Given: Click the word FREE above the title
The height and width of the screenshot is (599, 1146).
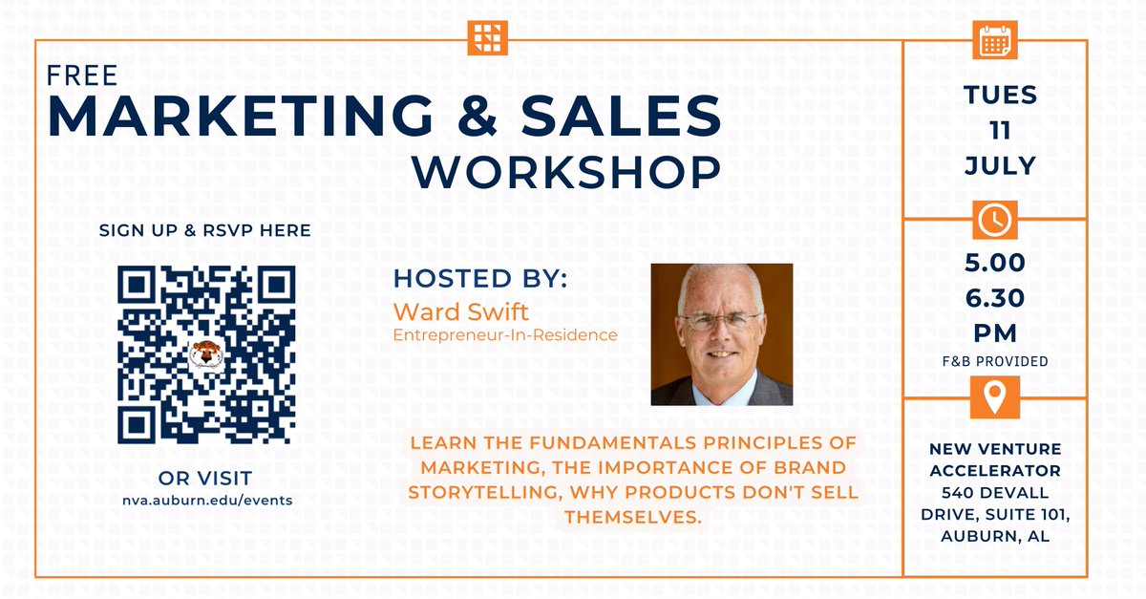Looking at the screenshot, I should point(83,75).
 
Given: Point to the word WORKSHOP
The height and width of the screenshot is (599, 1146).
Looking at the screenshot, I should point(566,172).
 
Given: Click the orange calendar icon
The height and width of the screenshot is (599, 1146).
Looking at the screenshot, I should point(995,40).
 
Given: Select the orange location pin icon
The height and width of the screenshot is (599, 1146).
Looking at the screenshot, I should point(995,396).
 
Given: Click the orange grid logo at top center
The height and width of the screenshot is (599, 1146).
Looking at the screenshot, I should point(488,37).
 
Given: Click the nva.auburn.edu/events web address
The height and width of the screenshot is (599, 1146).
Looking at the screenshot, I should point(206,500).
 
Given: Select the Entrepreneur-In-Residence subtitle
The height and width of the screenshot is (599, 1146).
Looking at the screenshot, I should point(505,335).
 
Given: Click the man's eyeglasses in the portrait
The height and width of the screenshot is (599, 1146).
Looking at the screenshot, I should point(721,321).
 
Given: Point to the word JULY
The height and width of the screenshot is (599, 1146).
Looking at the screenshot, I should point(1000,165).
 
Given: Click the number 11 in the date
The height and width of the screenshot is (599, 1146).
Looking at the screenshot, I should point(1000,130).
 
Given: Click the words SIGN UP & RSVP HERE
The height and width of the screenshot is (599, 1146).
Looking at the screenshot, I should point(204,230).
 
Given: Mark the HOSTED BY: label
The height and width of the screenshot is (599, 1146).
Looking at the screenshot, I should point(480,280).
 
